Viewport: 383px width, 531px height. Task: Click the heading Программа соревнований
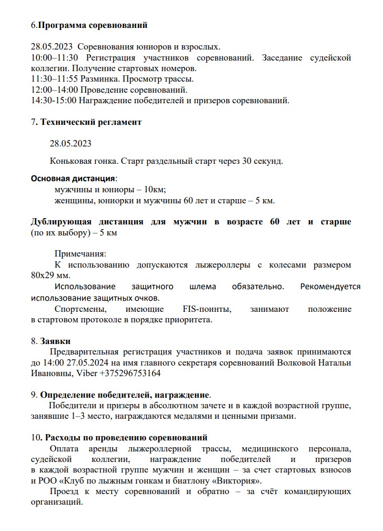[x=93, y=25]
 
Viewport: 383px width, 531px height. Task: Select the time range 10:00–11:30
[x=54, y=57]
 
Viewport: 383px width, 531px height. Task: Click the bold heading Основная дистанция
[x=73, y=178]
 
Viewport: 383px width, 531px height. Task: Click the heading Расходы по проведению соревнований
[x=126, y=438]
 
